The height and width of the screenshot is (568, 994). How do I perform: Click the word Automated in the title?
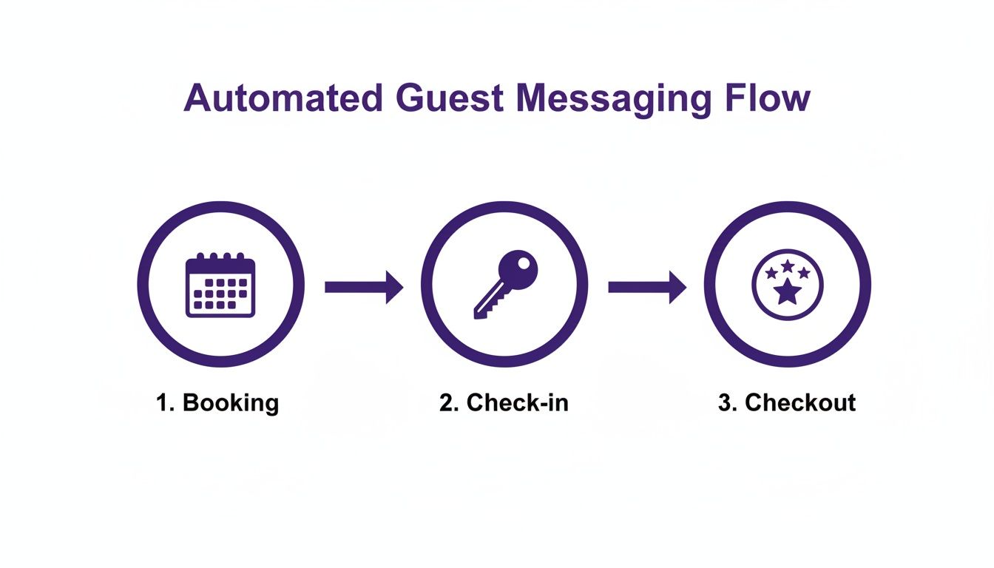283,98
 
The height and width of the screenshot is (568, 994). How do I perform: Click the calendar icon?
220,285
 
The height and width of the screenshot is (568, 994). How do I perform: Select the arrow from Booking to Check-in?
364,286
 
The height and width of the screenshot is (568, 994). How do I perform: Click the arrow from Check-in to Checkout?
647,286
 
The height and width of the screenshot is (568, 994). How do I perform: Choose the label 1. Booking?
217,403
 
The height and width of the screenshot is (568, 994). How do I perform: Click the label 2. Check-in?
504,403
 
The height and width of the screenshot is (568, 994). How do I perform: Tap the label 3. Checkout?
786,403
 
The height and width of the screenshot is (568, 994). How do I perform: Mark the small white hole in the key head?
524,262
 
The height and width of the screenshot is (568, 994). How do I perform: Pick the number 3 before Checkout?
724,403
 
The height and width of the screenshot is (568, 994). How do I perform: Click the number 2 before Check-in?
446,403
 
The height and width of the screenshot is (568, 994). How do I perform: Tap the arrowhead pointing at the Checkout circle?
677,286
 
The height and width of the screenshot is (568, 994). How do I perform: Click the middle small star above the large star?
788,265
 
